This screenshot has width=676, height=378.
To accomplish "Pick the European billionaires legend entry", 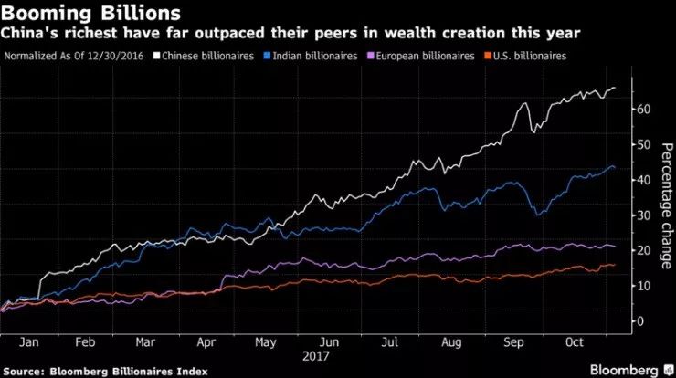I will (423, 57).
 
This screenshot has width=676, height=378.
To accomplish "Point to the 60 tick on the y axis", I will (645, 109).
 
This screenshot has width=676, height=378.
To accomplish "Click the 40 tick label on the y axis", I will (645, 180).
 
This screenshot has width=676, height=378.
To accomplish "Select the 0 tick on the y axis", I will (641, 320).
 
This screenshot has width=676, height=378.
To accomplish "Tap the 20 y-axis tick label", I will (645, 250).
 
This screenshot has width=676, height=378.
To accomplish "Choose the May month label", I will (267, 343).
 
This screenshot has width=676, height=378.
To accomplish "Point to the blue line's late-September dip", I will (539, 215).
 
